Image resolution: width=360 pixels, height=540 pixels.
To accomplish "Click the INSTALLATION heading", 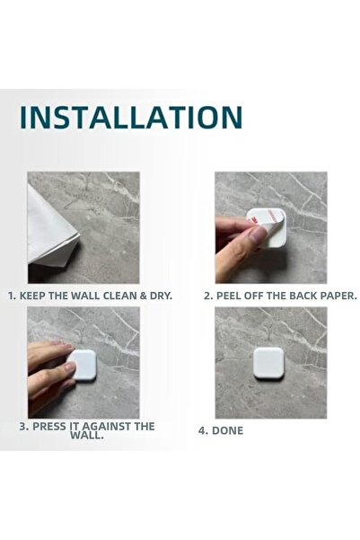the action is coord(131,117).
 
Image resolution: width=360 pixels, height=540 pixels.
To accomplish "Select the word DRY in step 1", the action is coord(161,296).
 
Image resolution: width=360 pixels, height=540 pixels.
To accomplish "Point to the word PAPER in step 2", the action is coord(338,296).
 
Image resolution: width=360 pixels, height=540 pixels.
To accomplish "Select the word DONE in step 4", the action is coord(227,430).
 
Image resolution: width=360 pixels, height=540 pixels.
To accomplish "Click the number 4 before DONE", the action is coord(202,430).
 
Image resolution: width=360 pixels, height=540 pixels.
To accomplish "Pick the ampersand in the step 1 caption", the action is coord(144,296).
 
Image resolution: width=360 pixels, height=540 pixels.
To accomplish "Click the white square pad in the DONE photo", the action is coord(268,363).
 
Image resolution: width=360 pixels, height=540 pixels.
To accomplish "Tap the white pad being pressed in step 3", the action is coord(83,365).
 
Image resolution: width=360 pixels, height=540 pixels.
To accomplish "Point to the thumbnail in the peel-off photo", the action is coord(258,235).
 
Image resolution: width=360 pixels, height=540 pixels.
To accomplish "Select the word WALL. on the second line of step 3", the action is coord(87,435).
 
